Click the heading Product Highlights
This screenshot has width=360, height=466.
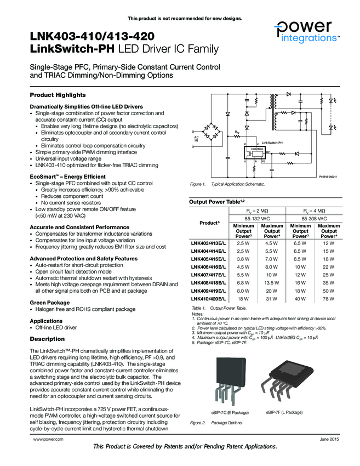58,95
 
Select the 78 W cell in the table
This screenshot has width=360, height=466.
328,299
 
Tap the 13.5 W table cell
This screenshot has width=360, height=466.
272,283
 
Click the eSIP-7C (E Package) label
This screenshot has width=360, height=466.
230,412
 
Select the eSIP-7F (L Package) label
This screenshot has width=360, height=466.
284,412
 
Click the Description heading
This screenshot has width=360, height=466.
47,339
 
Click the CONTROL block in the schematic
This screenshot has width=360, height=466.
257,149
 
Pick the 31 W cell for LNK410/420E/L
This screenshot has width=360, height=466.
272,299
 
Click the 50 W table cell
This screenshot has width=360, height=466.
328,291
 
